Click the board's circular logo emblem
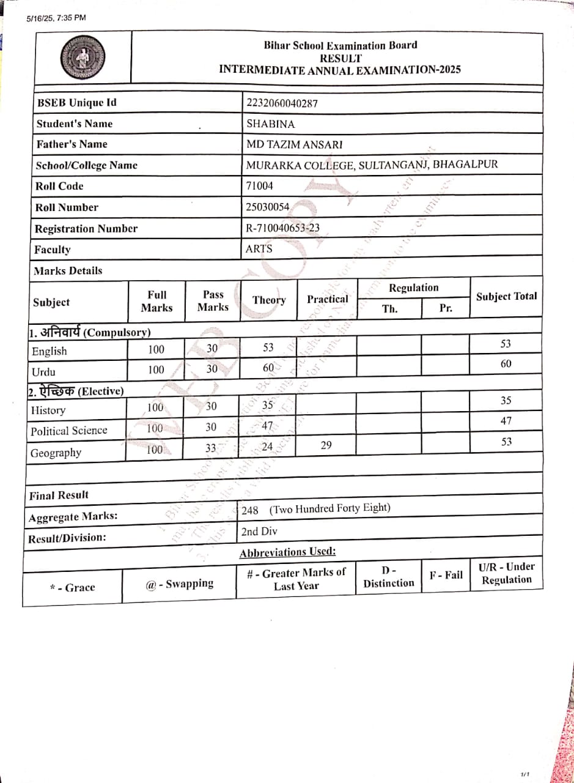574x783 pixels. pos(83,58)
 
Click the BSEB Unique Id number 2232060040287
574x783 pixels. pos(282,103)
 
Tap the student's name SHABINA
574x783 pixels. pos(270,124)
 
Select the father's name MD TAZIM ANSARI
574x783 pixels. pos(294,145)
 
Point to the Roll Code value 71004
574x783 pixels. pos(259,186)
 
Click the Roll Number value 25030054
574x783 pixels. pos(267,207)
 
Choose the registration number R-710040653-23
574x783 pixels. pos(282,228)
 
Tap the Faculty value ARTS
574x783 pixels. pos(259,249)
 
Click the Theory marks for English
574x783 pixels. pos(268,347)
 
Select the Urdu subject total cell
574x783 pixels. pos(506,364)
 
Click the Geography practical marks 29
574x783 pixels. pos(326,445)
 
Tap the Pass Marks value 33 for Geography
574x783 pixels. pos(211,448)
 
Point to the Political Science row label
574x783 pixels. pos(68,431)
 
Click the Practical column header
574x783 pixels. pos(327,299)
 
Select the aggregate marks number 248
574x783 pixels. pos(250,510)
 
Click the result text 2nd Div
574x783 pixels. pos(259,531)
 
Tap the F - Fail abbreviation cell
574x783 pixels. pos(446,575)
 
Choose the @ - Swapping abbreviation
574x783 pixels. pos(179,584)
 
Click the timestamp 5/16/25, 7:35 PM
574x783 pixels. pos(56,18)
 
